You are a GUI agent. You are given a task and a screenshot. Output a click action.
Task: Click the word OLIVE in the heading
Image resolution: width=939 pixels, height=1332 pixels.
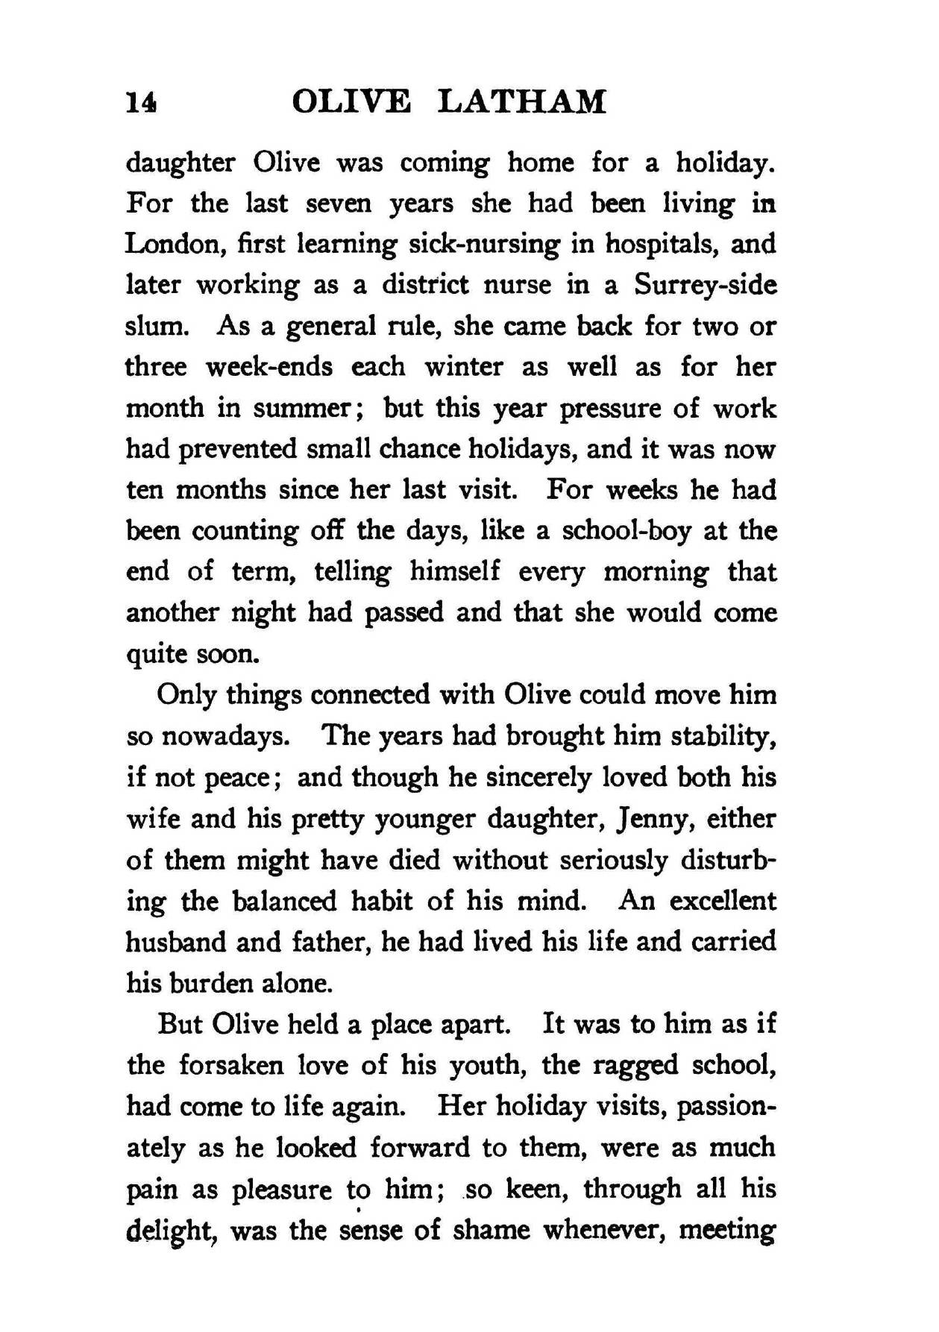pos(351,101)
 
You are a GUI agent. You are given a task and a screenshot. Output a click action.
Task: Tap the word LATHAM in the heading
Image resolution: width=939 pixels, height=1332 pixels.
pos(521,101)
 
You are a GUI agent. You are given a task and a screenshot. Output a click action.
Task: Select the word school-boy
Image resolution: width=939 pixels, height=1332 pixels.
pos(626,531)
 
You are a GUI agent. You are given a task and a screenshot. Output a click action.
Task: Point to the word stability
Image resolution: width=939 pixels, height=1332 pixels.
pos(723,737)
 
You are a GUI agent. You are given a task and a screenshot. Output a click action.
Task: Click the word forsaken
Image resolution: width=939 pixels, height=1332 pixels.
pos(231,1065)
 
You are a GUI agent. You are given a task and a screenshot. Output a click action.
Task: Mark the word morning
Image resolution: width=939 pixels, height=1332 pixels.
pos(656,573)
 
